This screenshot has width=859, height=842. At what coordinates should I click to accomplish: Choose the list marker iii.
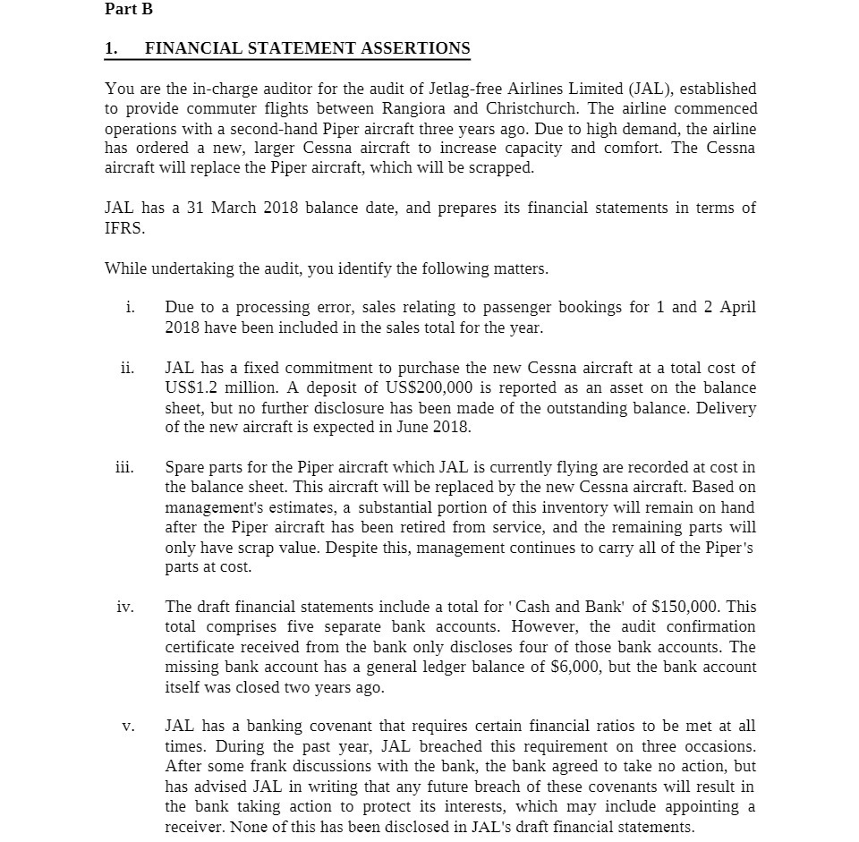126,466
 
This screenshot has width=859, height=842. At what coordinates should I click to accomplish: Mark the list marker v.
129,727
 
